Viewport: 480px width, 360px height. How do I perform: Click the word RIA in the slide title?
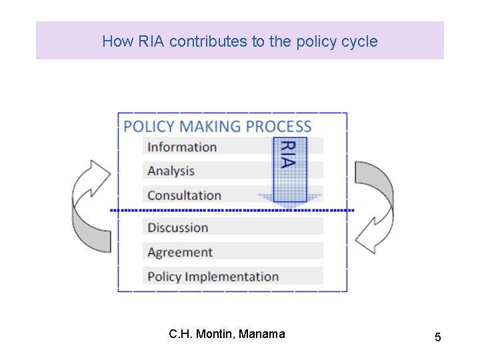pos(151,41)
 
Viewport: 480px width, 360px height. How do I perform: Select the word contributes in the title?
pos(208,41)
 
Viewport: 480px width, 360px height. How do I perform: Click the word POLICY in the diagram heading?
pos(149,127)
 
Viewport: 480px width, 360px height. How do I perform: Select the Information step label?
pos(182,147)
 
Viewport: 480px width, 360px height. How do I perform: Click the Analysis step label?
pos(171,171)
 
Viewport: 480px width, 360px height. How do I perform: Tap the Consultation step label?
pos(184,195)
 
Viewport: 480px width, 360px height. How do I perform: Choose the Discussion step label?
pos(177,227)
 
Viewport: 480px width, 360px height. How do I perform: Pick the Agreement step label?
pos(180,252)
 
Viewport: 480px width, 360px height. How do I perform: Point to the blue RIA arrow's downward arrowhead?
pos(290,199)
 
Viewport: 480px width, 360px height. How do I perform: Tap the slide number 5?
pos(437,337)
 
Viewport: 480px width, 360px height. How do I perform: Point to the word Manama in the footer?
pos(261,334)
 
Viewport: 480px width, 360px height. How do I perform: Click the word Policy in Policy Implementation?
pos(164,277)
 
